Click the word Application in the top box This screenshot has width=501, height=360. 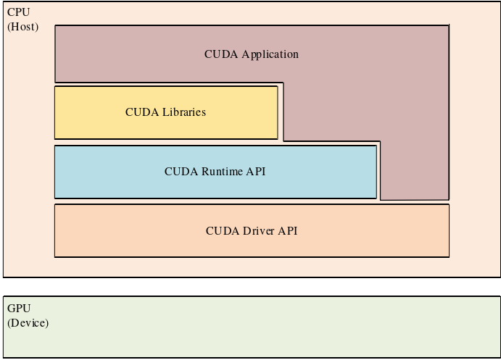pyautogui.click(x=270, y=54)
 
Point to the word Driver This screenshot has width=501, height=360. pyautogui.click(x=257, y=231)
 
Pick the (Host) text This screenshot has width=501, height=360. pyautogui.click(x=22, y=27)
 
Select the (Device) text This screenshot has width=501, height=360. pyautogui.click(x=28, y=323)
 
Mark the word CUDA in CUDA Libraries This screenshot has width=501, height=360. pyautogui.click(x=140, y=112)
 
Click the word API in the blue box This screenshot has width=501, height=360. pyautogui.click(x=257, y=172)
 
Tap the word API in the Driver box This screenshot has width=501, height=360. pyautogui.click(x=288, y=231)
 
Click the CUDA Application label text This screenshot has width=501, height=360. pyautogui.click(x=251, y=54)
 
